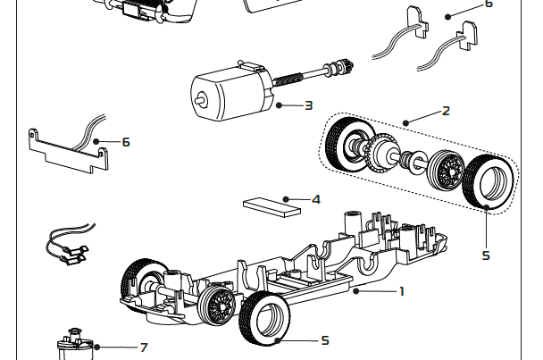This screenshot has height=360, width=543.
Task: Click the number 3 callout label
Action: tap(308, 105)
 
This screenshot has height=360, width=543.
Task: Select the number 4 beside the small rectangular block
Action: tap(315, 198)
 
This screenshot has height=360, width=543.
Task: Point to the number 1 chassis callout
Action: tap(402, 290)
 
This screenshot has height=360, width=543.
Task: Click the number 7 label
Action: tap(144, 347)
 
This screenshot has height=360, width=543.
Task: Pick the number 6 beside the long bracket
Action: tap(126, 141)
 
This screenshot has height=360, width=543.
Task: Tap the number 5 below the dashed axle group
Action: tap(486, 255)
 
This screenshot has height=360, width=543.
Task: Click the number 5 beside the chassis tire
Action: tap(325, 340)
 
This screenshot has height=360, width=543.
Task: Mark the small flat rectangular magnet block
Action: tap(271, 208)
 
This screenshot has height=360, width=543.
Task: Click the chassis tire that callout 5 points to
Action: tap(266, 319)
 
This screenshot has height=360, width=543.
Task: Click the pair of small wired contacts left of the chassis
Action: tap(68, 249)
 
